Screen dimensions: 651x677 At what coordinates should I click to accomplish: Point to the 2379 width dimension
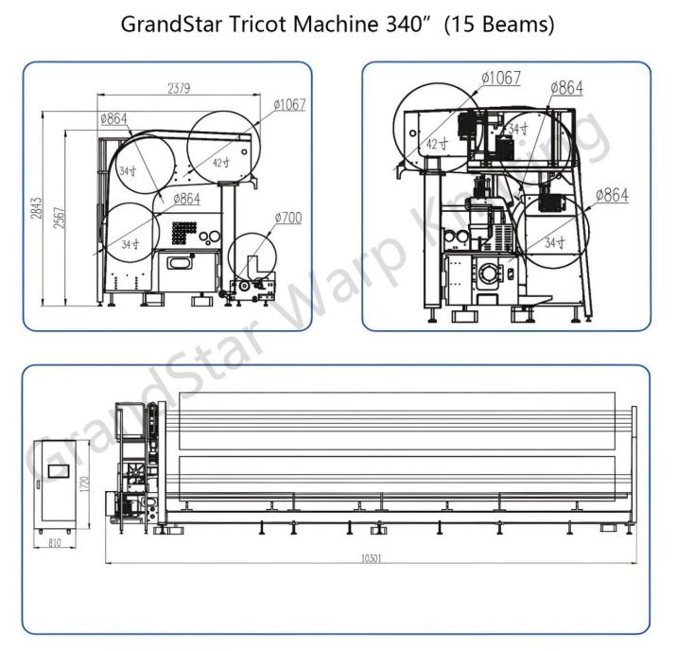coord(179,90)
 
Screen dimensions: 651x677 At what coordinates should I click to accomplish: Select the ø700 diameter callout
coord(287,219)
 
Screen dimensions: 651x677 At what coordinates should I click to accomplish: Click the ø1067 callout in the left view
coord(289,105)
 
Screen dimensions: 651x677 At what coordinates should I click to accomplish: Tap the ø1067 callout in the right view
coord(500,78)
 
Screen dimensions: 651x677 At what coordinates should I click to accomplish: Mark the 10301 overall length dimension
coord(372,558)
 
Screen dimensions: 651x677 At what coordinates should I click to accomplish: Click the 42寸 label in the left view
coord(219,163)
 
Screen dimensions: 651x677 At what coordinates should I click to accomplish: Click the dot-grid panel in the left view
coord(184,232)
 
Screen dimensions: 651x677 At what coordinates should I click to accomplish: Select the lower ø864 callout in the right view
coord(611,196)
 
